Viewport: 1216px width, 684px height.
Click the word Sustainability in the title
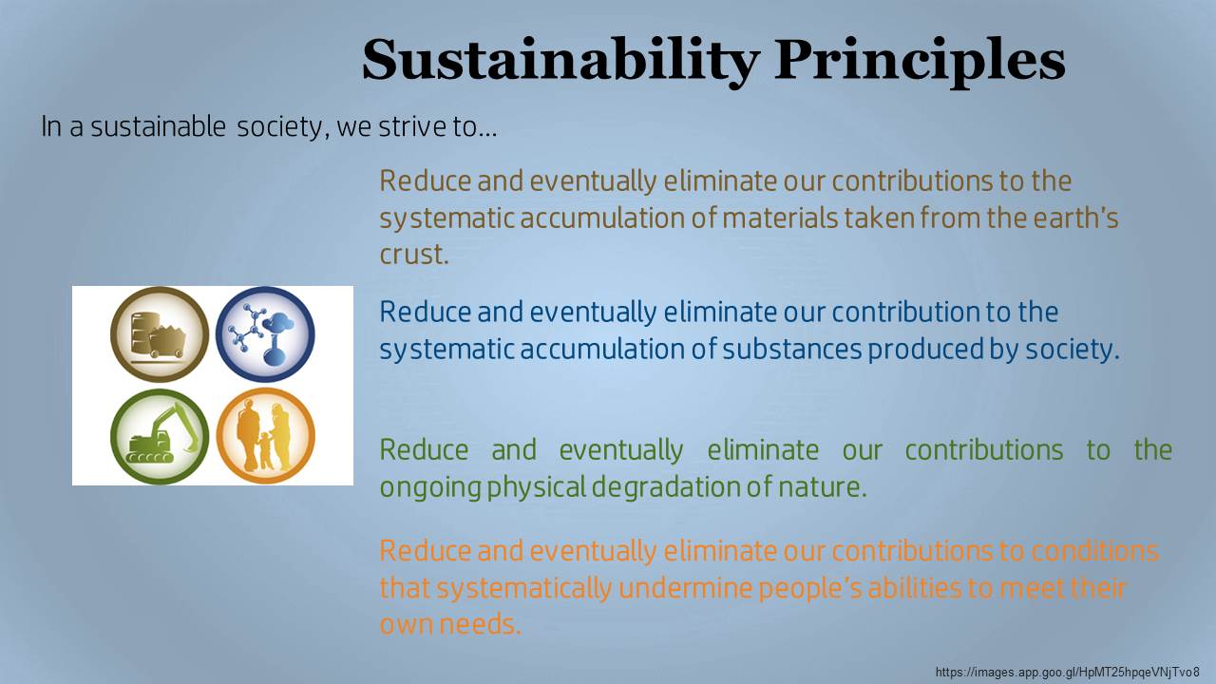pos(560,61)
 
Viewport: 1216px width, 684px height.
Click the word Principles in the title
pos(920,61)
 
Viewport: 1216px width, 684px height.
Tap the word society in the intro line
pos(280,127)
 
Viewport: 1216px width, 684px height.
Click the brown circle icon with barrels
pos(160,333)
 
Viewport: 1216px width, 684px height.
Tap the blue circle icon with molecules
pos(265,333)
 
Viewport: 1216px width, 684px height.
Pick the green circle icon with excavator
pos(160,436)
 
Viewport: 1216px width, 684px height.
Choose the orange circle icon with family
pos(265,436)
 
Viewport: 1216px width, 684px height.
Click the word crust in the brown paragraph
pos(411,254)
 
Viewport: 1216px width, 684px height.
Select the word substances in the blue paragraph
pos(792,349)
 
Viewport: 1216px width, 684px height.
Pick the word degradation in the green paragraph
pos(666,488)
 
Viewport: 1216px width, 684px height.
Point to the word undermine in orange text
pos(685,588)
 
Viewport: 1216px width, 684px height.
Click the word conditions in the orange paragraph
pos(1094,551)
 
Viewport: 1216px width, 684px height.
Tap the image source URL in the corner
pos(1068,672)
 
